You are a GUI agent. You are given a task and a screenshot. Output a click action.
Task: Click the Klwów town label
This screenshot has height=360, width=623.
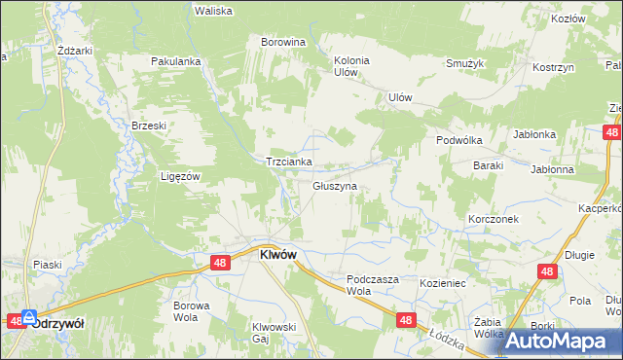277,254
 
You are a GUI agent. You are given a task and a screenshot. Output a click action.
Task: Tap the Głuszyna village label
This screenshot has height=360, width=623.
335,185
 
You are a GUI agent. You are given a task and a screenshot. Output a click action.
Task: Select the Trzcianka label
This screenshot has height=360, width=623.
289,162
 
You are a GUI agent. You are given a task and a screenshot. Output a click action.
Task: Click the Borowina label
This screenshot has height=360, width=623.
283,43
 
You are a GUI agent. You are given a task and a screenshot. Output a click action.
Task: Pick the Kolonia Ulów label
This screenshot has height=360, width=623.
351,66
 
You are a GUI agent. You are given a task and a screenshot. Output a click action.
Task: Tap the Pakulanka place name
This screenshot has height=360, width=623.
175,61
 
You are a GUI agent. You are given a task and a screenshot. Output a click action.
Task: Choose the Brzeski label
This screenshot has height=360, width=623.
150,126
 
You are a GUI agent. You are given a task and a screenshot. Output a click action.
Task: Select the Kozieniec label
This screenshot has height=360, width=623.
444,281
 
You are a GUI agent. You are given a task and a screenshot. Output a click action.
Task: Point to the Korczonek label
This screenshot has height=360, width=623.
492,220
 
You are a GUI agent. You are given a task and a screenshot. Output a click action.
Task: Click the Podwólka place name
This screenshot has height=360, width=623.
459,140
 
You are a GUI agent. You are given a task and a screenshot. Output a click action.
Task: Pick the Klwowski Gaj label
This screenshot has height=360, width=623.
274,333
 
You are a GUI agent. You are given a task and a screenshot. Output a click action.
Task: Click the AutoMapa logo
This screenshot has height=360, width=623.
558,341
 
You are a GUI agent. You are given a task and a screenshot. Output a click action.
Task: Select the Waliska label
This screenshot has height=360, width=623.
212,11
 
